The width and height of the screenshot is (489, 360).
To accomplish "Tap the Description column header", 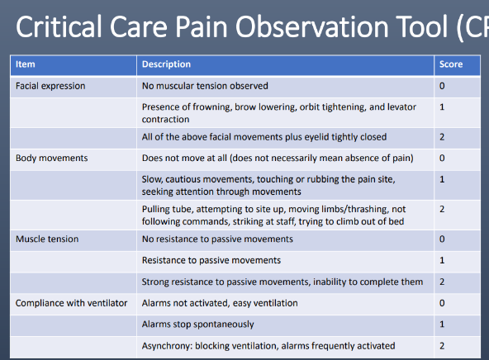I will (166, 64).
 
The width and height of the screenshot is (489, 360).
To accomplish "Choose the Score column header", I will (451, 64).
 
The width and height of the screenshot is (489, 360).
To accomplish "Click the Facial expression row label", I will (50, 85).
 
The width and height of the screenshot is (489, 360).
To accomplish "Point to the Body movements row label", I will (52, 157).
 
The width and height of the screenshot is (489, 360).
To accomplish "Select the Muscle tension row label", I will (48, 239).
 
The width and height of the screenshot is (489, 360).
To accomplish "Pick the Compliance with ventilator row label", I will (72, 303).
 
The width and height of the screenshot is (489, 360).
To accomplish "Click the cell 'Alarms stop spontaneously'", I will (198, 324).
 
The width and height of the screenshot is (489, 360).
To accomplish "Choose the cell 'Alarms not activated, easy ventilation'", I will (220, 303).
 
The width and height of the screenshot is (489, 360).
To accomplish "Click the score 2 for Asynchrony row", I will (443, 346).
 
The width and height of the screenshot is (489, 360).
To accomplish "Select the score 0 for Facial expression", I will (443, 85).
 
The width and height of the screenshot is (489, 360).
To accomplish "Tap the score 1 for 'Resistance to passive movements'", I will (443, 261).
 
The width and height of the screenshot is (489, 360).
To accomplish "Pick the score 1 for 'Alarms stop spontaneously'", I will (443, 324).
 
